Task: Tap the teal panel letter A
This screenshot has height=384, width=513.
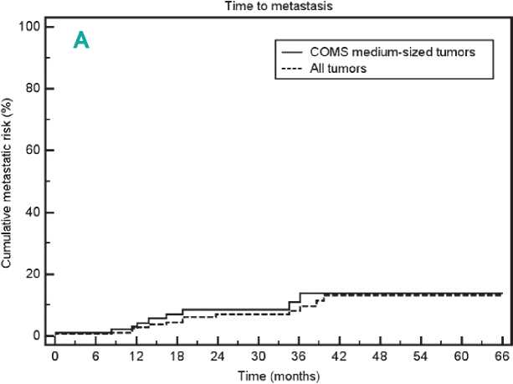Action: [x=81, y=40]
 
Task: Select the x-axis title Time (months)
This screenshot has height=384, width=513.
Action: [x=276, y=376]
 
